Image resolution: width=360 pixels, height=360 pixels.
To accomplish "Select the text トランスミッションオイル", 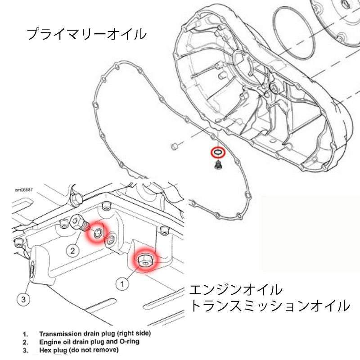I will pyautogui.click(x=268, y=306).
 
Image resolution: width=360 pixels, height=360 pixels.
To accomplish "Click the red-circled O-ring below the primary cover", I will pyautogui.click(x=217, y=153).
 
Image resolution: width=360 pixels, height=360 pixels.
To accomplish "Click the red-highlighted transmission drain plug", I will pyautogui.click(x=145, y=261).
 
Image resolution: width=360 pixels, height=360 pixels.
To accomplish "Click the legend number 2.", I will pyautogui.click(x=25, y=342).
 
